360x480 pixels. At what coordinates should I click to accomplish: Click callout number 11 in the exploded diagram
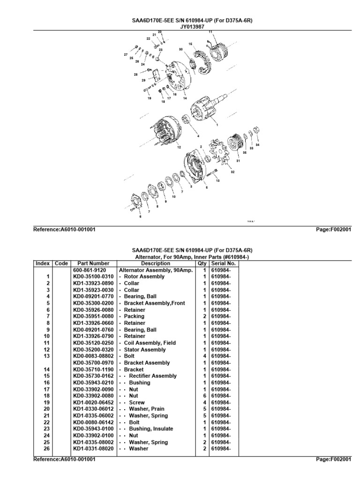pos(210,32)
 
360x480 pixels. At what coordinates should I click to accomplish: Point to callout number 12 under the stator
pos(178,147)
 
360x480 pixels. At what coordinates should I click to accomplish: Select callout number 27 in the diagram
pos(125,55)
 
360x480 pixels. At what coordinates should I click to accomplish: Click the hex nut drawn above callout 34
pos(256,129)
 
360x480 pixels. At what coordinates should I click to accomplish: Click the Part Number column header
pos(93,263)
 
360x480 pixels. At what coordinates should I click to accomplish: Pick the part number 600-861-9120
pos(89,270)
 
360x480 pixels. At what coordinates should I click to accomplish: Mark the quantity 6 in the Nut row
pos(205,396)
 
